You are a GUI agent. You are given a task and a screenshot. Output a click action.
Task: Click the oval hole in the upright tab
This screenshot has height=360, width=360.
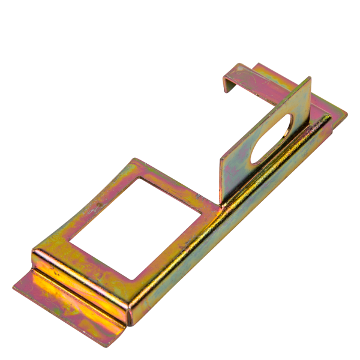click(x=274, y=139)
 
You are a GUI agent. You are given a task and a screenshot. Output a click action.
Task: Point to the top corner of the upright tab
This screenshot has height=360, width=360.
click(x=310, y=78)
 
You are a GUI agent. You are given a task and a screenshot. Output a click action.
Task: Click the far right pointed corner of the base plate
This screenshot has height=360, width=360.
click(x=346, y=113)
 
